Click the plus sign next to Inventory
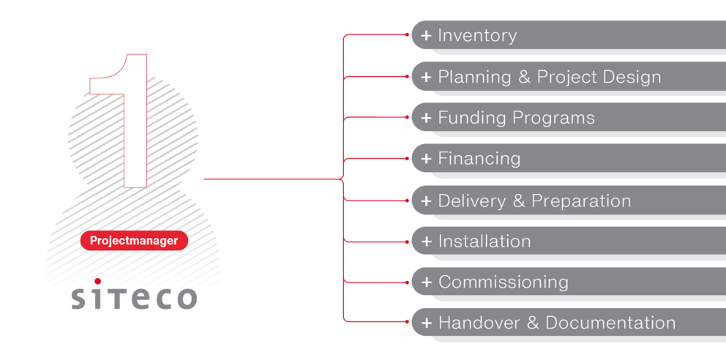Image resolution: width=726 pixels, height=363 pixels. pos(426,36)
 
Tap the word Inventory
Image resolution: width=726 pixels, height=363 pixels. pos(477,36)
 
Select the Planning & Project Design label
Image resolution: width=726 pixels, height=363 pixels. pos(549,77)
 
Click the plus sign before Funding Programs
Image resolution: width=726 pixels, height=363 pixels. pos(426,118)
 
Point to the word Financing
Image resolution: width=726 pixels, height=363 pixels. pos(479,159)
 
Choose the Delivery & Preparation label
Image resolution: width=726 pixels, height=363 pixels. pos(534,201)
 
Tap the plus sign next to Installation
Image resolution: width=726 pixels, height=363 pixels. pos(426,242)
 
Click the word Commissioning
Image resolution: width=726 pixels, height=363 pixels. pos(503,282)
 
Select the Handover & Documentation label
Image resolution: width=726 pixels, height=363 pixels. pos(556,323)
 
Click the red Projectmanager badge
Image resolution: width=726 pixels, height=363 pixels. pos(134,241)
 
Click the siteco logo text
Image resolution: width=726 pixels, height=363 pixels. pos(134,297)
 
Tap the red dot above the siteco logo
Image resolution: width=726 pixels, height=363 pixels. pos(97,281)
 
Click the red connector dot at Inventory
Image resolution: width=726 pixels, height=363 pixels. pos(407,34)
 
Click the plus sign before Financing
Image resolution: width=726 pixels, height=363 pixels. pos(426,159)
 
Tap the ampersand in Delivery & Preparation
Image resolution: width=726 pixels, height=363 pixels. pos(519,201)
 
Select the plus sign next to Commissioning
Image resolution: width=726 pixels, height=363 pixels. pos(426,282)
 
